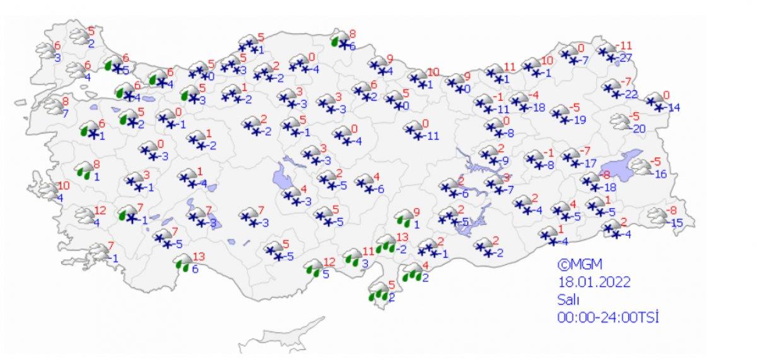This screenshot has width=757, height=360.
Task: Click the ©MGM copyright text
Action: click(x=575, y=263)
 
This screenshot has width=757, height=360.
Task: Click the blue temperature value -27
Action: click(x=626, y=58)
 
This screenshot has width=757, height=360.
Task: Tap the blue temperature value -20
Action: click(x=639, y=129)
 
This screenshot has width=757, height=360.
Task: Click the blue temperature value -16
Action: click(x=659, y=174)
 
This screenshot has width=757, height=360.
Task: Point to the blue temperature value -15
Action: click(x=676, y=223)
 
